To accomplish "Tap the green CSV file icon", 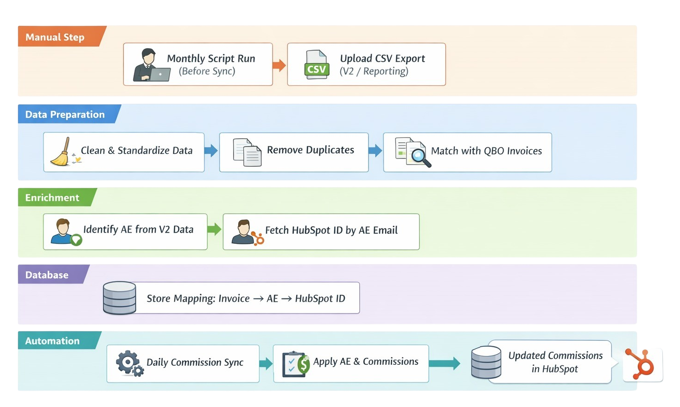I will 317,65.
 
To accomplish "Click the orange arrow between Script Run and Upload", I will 279,65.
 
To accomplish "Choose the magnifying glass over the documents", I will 420,156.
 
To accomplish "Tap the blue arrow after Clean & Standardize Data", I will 211,150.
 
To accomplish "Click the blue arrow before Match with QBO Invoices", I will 375,150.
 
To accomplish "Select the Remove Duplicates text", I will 310,150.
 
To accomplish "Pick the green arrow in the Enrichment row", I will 214,229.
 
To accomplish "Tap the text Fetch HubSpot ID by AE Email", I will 331,230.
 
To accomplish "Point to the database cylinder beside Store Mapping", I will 120,298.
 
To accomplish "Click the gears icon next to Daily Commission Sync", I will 129,363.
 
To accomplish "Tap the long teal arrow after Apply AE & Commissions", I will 444,363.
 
